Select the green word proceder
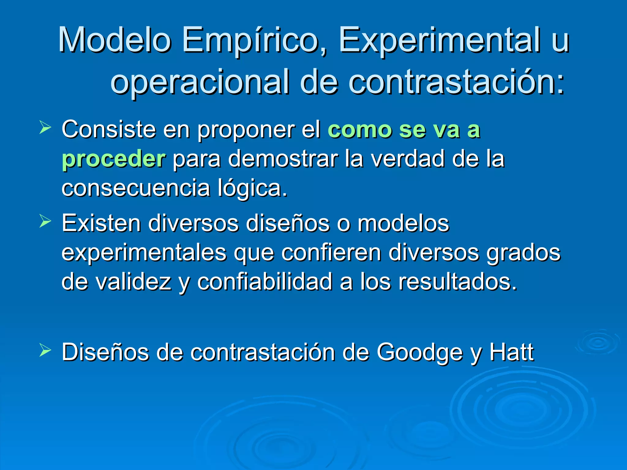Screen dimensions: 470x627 tap(114, 159)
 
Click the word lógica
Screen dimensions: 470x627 tap(252, 188)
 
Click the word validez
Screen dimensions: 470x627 tap(133, 282)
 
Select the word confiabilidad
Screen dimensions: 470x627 tap(265, 282)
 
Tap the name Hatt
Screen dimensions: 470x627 tap(512, 352)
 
